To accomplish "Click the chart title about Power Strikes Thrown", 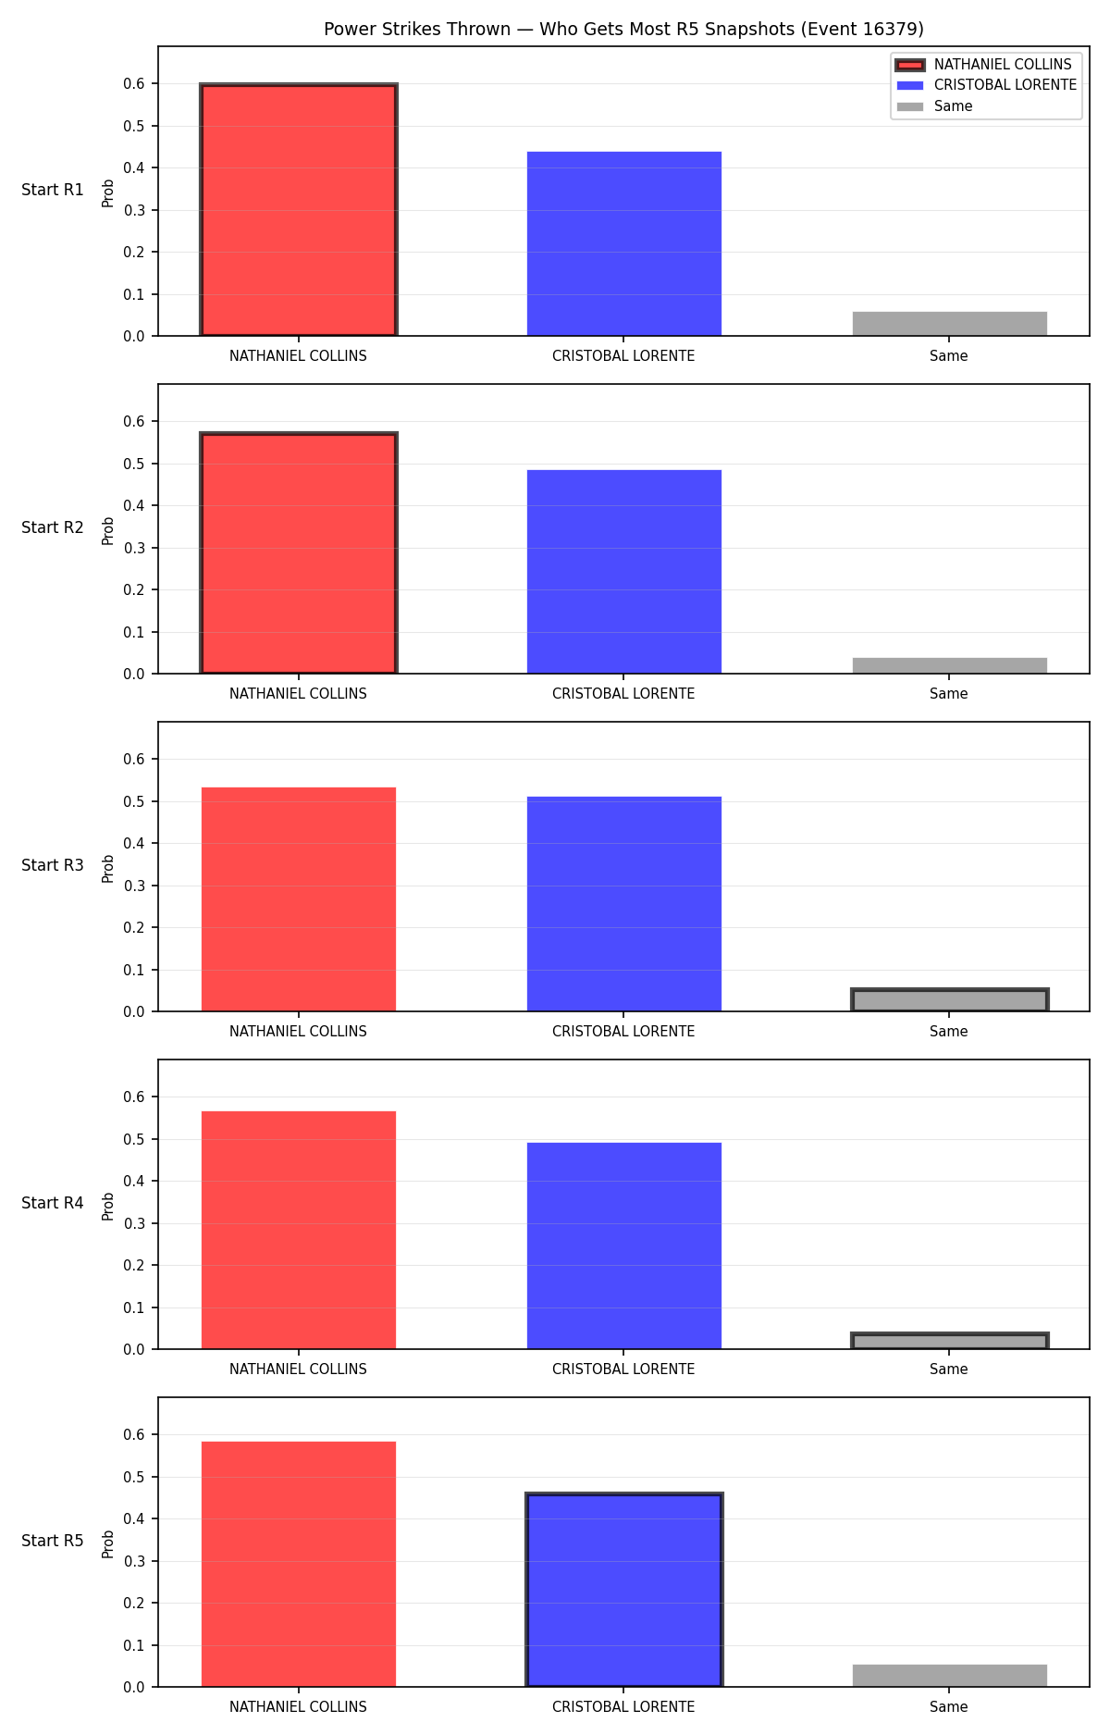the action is pos(623,29).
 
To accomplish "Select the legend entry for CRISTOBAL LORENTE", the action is pos(987,85).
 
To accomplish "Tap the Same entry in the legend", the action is pos(935,106).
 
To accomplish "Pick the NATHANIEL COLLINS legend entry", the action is pos(983,65).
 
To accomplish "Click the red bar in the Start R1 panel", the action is pos(299,210).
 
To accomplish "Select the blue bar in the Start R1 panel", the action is pos(624,243).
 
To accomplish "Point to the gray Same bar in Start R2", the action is pos(950,665).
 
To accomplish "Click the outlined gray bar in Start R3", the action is pos(950,1000).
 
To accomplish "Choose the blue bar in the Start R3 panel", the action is pos(624,904).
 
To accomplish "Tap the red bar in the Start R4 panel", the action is pos(299,1230).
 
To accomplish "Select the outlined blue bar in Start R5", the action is pos(624,1590).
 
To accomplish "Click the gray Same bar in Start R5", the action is pos(950,1676).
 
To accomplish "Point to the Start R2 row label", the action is pos(53,527).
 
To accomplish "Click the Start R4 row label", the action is pos(53,1203).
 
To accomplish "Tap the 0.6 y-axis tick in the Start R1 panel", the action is pos(134,84).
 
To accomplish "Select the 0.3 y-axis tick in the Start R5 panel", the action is pos(134,1561).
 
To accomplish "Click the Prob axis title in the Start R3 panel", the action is pos(108,868).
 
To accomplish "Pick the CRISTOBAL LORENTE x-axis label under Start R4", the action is pos(623,1369).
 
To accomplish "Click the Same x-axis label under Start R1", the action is pos(949,356).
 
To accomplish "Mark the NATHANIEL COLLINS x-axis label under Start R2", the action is pos(298,694).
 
